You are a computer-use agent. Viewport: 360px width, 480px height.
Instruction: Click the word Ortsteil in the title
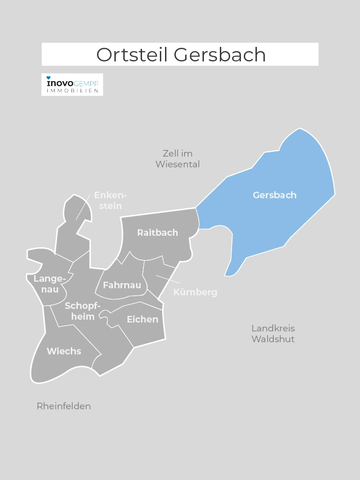click(x=133, y=55)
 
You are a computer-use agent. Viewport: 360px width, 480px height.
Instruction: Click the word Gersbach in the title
click(x=220, y=55)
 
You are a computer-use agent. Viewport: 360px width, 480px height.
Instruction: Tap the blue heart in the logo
click(x=48, y=78)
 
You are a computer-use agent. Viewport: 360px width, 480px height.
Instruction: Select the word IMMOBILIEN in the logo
click(x=72, y=90)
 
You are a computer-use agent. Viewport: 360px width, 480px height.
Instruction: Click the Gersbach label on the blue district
click(x=275, y=195)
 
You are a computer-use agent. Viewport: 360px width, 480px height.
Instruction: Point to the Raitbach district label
click(x=157, y=232)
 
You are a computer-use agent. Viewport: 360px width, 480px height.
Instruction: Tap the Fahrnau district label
click(x=122, y=285)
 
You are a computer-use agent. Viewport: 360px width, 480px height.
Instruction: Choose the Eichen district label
click(x=142, y=320)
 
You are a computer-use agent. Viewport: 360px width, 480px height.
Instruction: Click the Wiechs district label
click(x=64, y=351)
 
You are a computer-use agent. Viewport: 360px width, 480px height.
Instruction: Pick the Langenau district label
click(x=49, y=284)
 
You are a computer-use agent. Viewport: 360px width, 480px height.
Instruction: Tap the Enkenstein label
click(x=110, y=200)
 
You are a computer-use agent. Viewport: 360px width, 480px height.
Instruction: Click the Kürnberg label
click(x=195, y=292)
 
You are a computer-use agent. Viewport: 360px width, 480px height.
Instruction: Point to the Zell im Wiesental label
click(x=178, y=159)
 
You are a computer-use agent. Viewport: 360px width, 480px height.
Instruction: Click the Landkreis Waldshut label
click(x=273, y=333)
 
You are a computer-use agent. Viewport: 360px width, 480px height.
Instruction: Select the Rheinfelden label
click(x=64, y=406)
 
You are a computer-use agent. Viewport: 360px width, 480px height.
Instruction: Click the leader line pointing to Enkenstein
click(x=82, y=208)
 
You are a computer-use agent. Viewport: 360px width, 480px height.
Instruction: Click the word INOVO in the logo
click(x=59, y=83)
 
